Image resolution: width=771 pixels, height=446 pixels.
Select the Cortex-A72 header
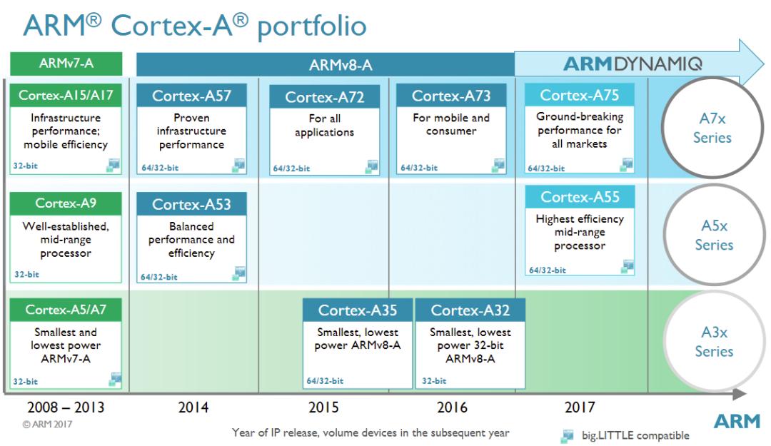pyautogui.click(x=324, y=97)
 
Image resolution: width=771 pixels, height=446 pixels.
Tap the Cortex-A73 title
pyautogui.click(x=450, y=96)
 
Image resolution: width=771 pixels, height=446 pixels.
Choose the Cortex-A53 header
pyautogui.click(x=191, y=205)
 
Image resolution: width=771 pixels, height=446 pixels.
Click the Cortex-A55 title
pyautogui.click(x=579, y=197)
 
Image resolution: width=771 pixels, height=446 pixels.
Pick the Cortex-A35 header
pyautogui.click(x=358, y=310)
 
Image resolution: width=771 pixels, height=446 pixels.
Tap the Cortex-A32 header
pyautogui.click(x=469, y=310)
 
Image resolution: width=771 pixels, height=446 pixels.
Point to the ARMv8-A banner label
pyautogui.click(x=341, y=66)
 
